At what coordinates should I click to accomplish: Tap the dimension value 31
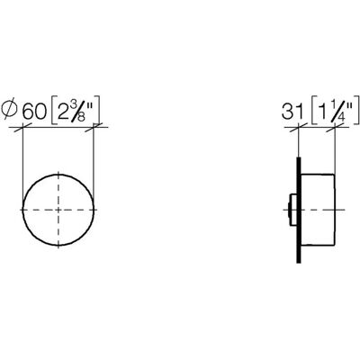292,112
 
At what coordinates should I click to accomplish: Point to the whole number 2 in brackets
63,112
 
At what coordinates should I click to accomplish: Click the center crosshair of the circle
58,210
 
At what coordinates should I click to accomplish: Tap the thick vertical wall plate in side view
299,210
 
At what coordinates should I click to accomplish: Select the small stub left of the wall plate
291,210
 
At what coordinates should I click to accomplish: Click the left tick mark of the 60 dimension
22,129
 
